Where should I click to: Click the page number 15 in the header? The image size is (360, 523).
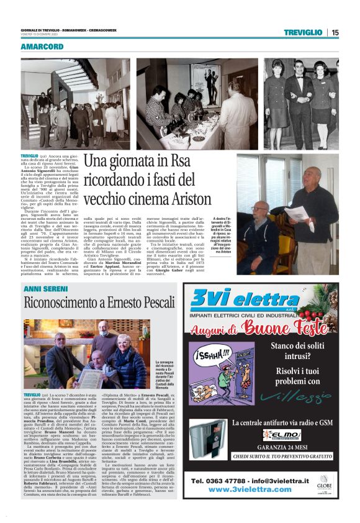(335, 32)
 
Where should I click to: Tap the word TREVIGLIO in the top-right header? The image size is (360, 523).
(303, 32)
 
